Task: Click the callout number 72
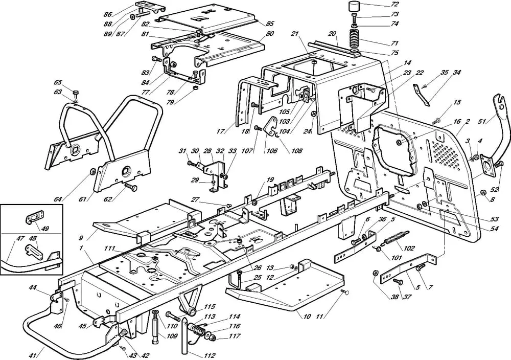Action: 394,4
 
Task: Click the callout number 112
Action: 210,355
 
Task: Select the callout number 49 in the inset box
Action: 44,229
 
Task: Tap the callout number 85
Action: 270,24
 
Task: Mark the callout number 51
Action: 491,121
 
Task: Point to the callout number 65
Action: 58,82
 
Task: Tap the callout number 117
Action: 234,336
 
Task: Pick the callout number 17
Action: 220,131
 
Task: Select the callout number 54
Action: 494,229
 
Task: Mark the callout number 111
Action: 109,249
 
